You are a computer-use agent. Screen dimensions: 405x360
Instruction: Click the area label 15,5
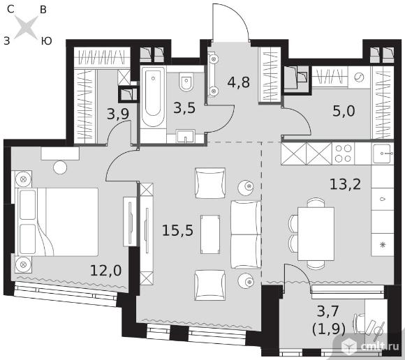click(177, 230)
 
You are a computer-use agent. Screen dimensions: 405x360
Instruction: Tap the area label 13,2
click(346, 184)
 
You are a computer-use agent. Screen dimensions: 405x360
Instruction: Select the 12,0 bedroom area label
click(106, 271)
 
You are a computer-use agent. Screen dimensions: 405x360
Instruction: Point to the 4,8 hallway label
click(238, 82)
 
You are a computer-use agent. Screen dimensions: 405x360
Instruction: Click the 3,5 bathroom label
click(184, 108)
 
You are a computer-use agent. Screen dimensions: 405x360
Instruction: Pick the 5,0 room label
click(344, 111)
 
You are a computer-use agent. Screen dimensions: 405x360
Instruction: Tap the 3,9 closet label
click(118, 114)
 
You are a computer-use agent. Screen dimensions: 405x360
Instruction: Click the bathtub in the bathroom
click(153, 97)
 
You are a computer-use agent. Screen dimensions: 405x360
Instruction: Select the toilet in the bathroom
click(186, 82)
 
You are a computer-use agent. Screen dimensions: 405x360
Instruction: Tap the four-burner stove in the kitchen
click(344, 153)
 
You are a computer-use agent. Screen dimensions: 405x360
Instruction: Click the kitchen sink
click(383, 153)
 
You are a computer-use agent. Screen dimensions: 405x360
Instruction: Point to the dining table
click(316, 234)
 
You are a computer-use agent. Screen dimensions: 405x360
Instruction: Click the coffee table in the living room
click(210, 234)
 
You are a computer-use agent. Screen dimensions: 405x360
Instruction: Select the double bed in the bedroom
click(57, 222)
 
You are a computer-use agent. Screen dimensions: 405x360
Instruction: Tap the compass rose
click(26, 27)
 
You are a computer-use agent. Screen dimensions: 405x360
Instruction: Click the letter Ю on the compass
click(47, 41)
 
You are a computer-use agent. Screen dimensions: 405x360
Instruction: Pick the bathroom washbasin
click(186, 136)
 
